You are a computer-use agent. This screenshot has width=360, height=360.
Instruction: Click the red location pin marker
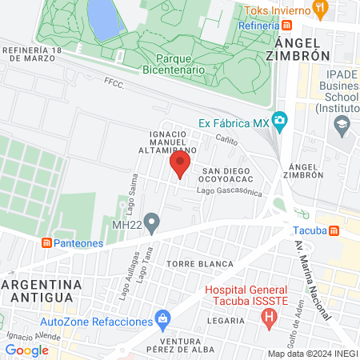tap(180, 165)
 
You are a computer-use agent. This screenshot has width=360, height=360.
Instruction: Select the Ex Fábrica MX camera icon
tap(279, 122)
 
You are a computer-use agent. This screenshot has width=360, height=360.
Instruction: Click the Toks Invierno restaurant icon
tap(320, 10)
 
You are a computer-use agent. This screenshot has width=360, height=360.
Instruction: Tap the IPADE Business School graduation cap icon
tap(342, 123)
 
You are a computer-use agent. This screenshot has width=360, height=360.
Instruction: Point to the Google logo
tap(26, 350)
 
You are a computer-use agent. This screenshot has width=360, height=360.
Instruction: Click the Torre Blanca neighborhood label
tap(200, 263)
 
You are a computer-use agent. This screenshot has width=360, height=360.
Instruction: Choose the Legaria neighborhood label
tap(226, 321)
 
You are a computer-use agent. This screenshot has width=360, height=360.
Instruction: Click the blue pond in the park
tap(102, 18)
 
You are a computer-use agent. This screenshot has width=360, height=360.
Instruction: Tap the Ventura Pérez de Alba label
tap(183, 343)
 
